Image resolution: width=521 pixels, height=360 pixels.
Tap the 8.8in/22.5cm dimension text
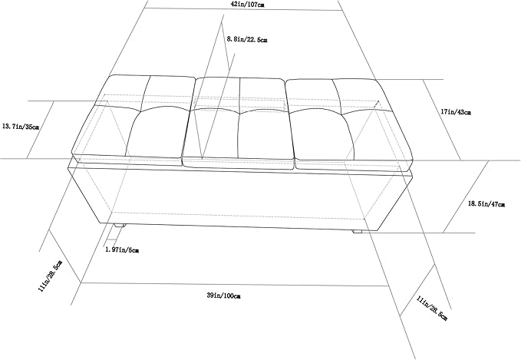coord(247,40)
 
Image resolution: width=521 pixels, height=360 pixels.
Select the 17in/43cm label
coord(456,112)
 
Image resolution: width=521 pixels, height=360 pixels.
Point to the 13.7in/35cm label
coord(21,127)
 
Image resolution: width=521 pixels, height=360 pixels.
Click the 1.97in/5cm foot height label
coord(122,249)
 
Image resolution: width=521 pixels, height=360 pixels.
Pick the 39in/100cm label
coord(223,296)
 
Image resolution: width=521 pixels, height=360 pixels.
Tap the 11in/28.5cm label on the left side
coord(51,276)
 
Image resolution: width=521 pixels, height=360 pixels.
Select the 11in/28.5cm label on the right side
coord(432,309)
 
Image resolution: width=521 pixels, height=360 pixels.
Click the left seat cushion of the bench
coord(133,120)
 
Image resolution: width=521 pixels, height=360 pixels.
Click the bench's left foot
coord(119,226)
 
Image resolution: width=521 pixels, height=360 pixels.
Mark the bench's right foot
coord(358,231)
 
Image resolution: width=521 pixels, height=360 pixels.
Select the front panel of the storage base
coord(240,199)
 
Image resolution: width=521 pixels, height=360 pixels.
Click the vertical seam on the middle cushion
coord(239,118)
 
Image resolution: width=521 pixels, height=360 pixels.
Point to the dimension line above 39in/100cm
coord(235,284)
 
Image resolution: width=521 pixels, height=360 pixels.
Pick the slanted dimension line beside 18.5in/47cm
coord(466,197)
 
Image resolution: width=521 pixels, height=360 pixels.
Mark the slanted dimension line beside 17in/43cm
coord(442,120)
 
